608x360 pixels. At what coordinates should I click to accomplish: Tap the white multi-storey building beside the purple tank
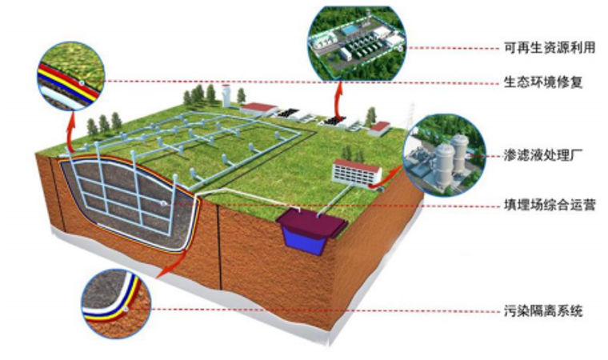tap(357, 171)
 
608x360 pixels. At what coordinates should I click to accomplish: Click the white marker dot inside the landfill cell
tap(164, 204)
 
